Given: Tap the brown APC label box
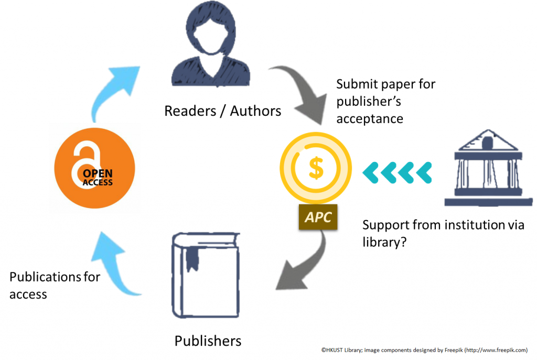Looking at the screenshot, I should point(318,217).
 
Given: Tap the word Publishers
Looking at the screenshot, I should point(208,341).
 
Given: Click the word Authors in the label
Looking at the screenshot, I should point(255,111).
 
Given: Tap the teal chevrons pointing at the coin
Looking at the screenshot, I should point(396,172).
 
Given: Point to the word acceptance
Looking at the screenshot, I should point(369,119).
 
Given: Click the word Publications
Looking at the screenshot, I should point(42,277).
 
